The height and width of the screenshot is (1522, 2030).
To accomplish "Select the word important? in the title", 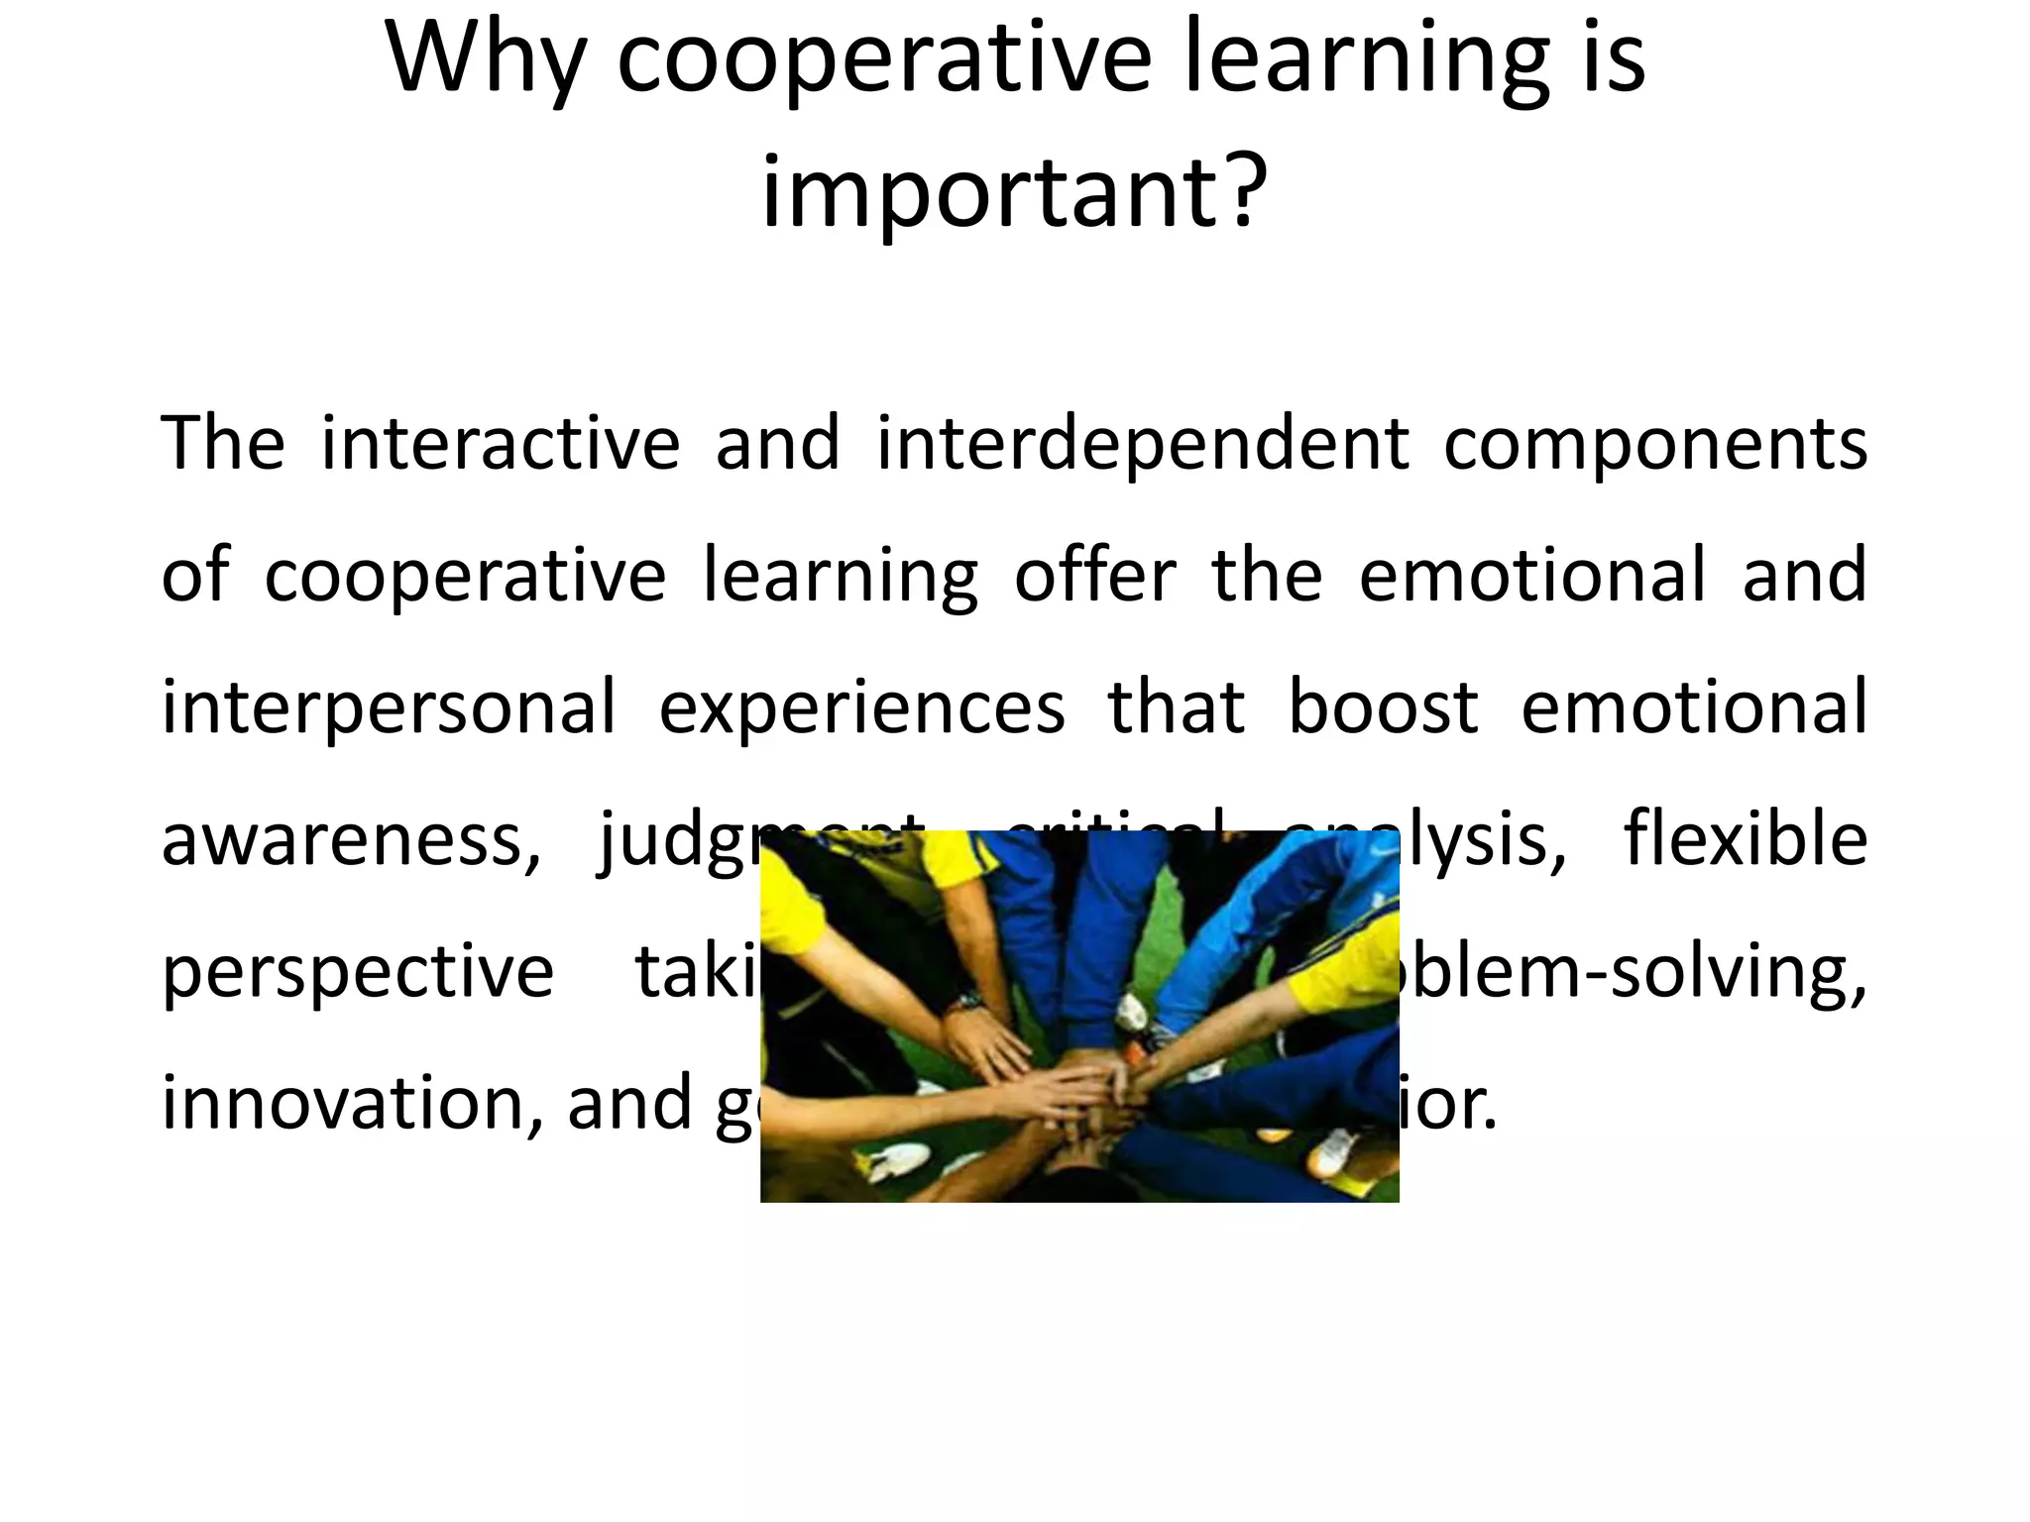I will pos(1014,193).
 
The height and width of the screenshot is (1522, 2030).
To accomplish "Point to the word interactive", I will pos(501,443).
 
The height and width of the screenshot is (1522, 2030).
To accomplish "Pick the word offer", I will pos(1095,575).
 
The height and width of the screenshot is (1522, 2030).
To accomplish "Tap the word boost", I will pos(1383,707).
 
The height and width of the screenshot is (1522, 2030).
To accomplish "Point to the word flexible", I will pos(1746,838).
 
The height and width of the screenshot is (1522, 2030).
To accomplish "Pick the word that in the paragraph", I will pos(1176,707).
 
